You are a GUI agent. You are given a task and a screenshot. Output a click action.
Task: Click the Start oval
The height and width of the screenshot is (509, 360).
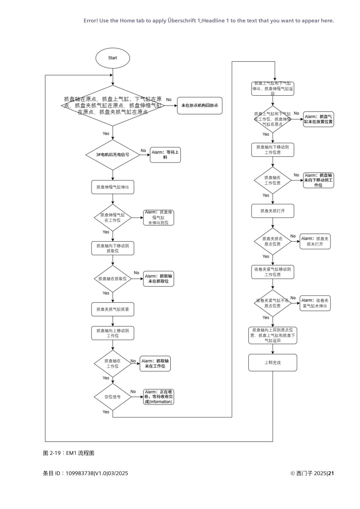pos(113,58)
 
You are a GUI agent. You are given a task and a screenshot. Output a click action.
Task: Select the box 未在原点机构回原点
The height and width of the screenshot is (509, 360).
pos(199,106)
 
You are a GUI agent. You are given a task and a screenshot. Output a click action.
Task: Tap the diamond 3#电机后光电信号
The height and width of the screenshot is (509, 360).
pos(113,155)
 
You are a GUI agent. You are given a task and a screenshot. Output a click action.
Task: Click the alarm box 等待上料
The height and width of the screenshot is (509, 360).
pos(165,155)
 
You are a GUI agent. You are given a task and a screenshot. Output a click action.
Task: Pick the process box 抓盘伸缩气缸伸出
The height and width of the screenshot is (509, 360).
pos(113,187)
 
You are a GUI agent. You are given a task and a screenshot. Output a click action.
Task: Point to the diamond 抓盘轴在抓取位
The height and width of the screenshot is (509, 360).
pos(113,279)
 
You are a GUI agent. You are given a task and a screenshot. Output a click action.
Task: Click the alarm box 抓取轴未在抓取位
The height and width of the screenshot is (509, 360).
pos(158,279)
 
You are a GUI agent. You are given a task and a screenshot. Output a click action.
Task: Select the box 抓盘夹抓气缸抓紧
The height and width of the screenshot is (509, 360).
pos(113,309)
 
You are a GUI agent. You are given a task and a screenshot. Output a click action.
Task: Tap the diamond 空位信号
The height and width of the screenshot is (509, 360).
pos(113,397)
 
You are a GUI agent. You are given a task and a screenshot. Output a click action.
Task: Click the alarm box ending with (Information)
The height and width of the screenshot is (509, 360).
pos(158,397)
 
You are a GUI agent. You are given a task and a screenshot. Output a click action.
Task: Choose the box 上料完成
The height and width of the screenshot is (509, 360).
pos(273,363)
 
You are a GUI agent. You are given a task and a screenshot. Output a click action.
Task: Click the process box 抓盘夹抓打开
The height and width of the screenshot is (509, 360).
pos(273,211)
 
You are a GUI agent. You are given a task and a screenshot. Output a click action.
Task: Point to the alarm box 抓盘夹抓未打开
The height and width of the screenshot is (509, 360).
pos(315,241)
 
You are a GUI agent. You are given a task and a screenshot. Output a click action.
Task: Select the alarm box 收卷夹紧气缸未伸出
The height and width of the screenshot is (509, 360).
pos(315,303)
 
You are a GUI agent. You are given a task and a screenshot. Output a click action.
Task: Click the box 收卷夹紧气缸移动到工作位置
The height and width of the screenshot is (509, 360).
pos(273,272)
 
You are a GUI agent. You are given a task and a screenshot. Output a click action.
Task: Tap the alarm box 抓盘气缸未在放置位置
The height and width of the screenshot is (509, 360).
pos(318,119)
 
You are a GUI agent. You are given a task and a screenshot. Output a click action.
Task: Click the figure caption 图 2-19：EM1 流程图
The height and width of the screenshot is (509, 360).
pos(69,453)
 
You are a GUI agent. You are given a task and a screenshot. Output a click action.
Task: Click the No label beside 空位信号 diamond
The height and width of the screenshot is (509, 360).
pos(133,392)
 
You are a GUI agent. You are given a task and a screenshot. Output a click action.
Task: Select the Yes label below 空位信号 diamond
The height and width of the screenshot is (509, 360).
pos(106,412)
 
